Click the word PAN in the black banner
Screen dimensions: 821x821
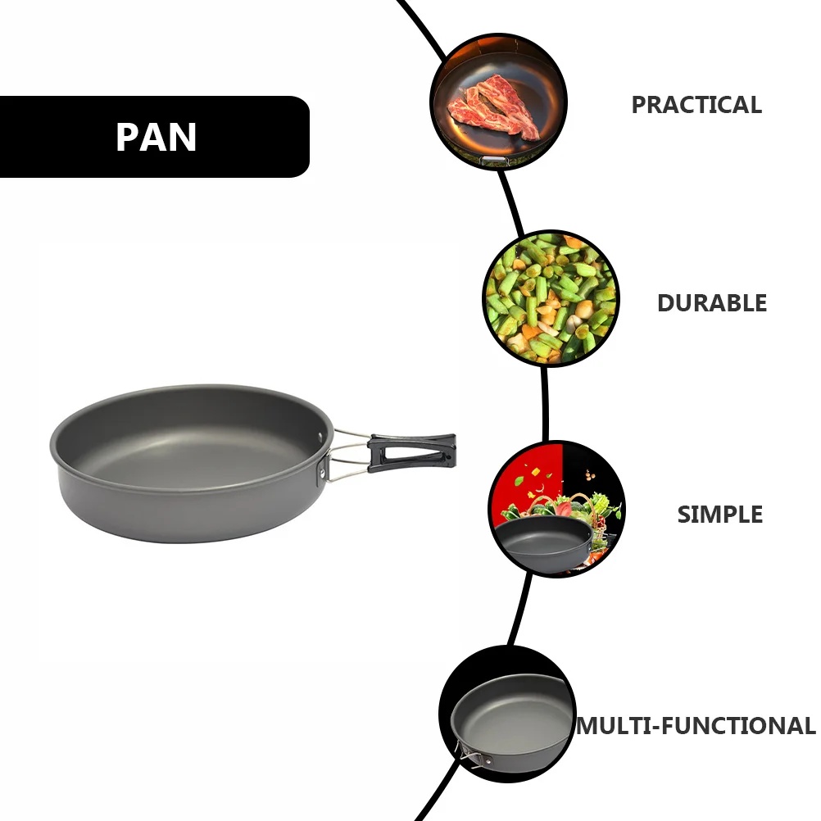click(x=156, y=138)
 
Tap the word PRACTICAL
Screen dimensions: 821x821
click(x=696, y=105)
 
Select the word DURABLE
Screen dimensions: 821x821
click(x=711, y=303)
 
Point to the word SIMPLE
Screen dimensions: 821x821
click(x=719, y=515)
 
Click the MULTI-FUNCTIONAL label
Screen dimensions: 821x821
click(x=696, y=726)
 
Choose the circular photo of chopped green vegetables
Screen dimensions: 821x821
click(x=550, y=298)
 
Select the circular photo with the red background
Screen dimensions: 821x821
click(x=556, y=508)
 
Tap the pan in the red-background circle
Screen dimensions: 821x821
click(x=545, y=541)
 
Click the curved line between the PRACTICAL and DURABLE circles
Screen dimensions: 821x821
click(x=513, y=201)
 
